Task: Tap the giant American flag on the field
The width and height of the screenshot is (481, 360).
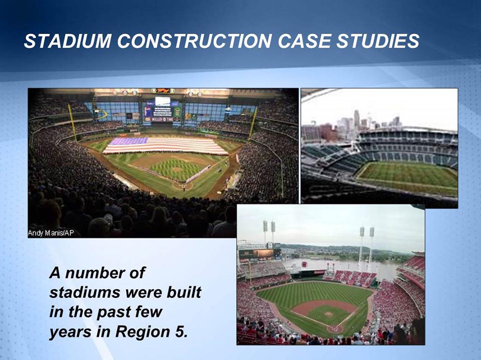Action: tap(165, 145)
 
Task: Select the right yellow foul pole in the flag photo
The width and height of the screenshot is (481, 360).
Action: tap(253, 123)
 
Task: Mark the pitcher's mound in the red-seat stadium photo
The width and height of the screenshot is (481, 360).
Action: tap(328, 314)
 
